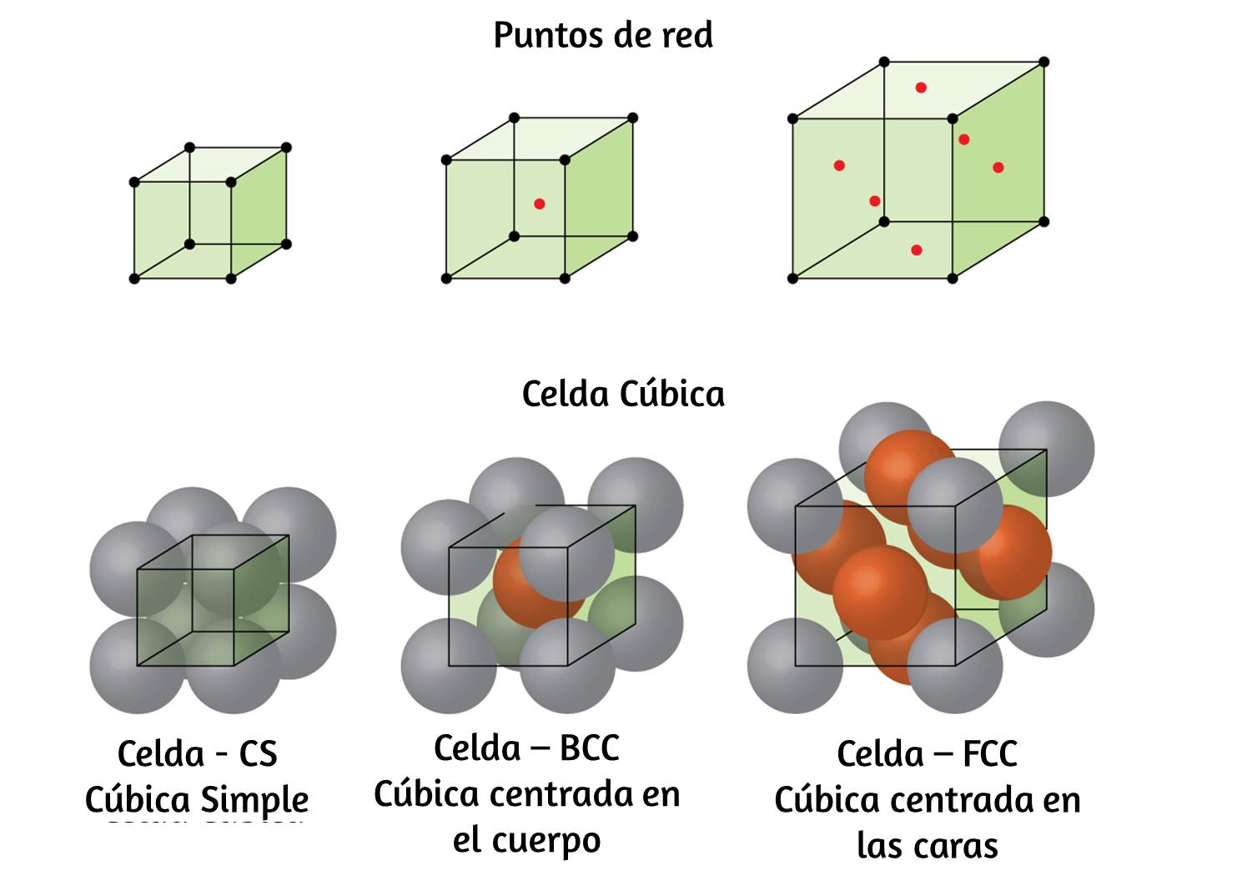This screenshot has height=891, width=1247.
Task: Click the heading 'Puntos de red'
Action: (x=603, y=36)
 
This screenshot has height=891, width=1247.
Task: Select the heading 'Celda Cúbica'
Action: (x=623, y=395)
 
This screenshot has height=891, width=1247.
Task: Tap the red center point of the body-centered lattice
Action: (x=539, y=204)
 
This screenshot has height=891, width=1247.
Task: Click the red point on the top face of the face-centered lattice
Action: (x=921, y=88)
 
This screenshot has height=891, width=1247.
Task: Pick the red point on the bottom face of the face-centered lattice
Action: (x=917, y=250)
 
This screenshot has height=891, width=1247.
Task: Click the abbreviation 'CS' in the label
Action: (x=258, y=755)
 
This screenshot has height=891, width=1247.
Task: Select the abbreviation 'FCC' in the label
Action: (x=990, y=754)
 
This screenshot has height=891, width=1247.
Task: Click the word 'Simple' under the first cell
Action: (x=254, y=802)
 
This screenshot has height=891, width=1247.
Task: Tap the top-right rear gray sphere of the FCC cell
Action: (x=1047, y=449)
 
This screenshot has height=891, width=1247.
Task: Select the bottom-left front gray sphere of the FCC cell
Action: (x=795, y=666)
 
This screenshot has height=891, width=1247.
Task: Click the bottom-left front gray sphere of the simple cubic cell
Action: (x=137, y=666)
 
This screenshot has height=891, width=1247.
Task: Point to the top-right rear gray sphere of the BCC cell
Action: (x=636, y=505)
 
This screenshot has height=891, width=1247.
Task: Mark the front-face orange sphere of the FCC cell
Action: (x=880, y=592)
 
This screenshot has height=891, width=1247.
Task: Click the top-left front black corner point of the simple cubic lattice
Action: (x=134, y=182)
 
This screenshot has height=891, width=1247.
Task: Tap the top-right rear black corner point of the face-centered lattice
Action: (x=1044, y=62)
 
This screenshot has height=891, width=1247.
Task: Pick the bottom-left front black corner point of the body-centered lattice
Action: (x=446, y=279)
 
